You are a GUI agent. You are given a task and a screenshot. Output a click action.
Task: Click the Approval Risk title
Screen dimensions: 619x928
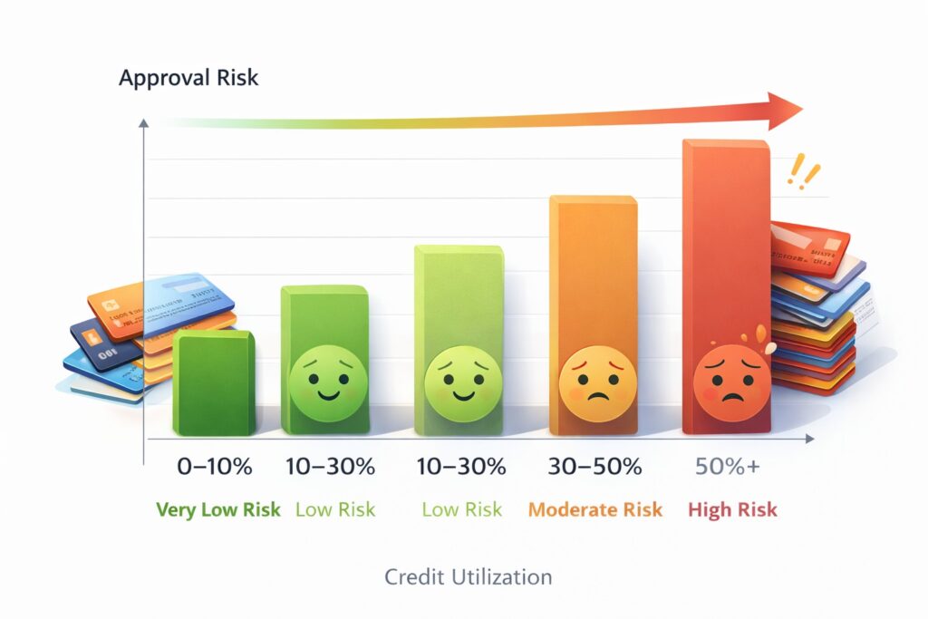pos(188,78)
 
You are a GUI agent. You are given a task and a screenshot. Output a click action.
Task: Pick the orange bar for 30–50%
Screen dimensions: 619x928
pos(593,272)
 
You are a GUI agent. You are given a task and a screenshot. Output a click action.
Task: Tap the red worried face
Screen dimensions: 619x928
pos(726,378)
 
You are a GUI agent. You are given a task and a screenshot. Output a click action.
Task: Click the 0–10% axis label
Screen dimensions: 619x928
pos(214,468)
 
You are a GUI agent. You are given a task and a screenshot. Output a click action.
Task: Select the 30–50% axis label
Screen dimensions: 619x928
pos(594,468)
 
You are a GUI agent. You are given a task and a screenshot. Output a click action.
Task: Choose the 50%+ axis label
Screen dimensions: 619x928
pos(729,468)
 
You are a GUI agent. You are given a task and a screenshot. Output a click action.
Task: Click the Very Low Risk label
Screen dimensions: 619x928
pos(218,509)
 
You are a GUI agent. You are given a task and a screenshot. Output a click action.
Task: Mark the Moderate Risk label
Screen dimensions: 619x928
pos(594,509)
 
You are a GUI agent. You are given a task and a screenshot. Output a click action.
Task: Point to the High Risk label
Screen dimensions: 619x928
pos(732,509)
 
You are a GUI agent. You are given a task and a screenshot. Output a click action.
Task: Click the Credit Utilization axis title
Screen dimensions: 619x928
pos(468,576)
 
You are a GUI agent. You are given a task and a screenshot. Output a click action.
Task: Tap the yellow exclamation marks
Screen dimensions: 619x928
pos(803,170)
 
